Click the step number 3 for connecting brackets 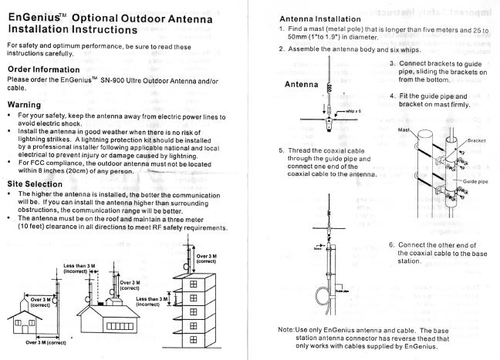[392, 62]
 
